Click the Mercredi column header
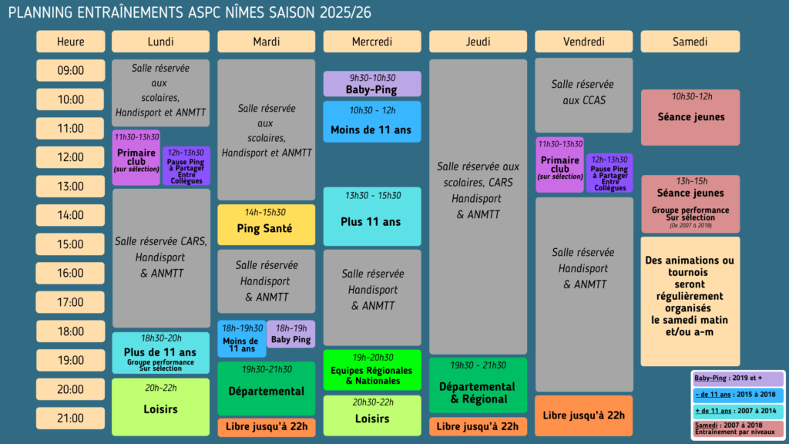(x=372, y=42)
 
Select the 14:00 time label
(x=70, y=216)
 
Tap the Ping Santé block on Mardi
(x=266, y=224)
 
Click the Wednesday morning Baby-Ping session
(x=372, y=83)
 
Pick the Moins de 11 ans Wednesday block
(x=372, y=121)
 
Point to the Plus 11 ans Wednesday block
(x=372, y=217)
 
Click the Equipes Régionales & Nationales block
(x=372, y=370)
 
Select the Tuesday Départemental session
(x=266, y=388)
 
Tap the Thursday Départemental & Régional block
(x=478, y=385)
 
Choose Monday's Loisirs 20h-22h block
(x=160, y=407)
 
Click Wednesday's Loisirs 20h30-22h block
(x=372, y=415)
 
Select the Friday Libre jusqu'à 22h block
(x=584, y=415)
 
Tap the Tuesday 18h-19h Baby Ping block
(x=290, y=334)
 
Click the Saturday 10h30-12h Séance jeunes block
(x=690, y=117)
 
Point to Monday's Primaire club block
(x=136, y=157)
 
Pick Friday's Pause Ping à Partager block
(x=609, y=173)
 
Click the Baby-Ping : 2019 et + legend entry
(x=737, y=378)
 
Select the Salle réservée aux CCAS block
(x=584, y=95)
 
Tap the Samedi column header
(x=690, y=42)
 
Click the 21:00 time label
(x=70, y=419)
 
